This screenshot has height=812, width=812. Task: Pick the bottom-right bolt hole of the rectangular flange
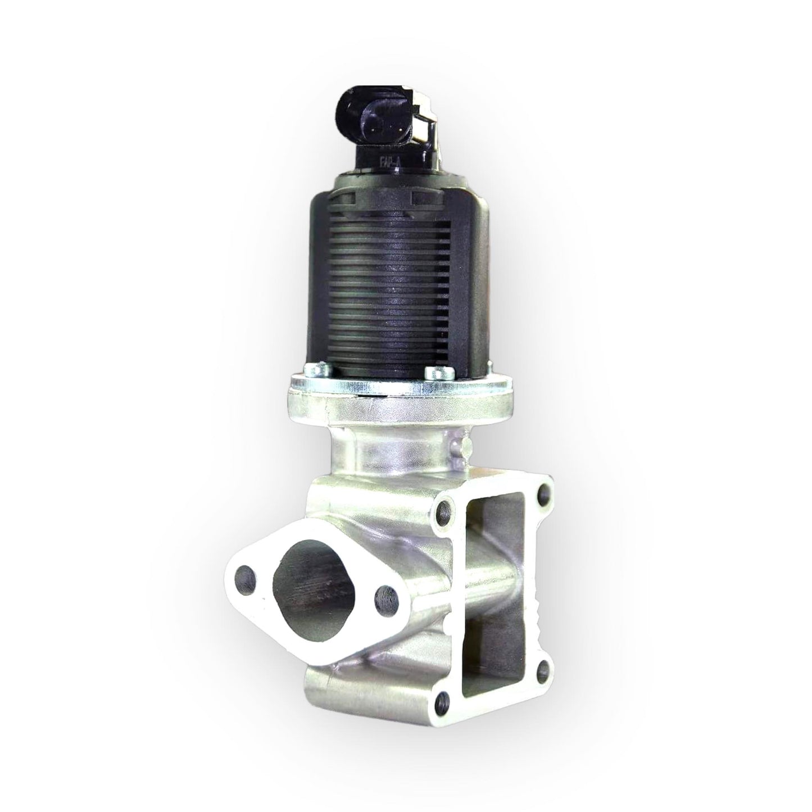point(542,669)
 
